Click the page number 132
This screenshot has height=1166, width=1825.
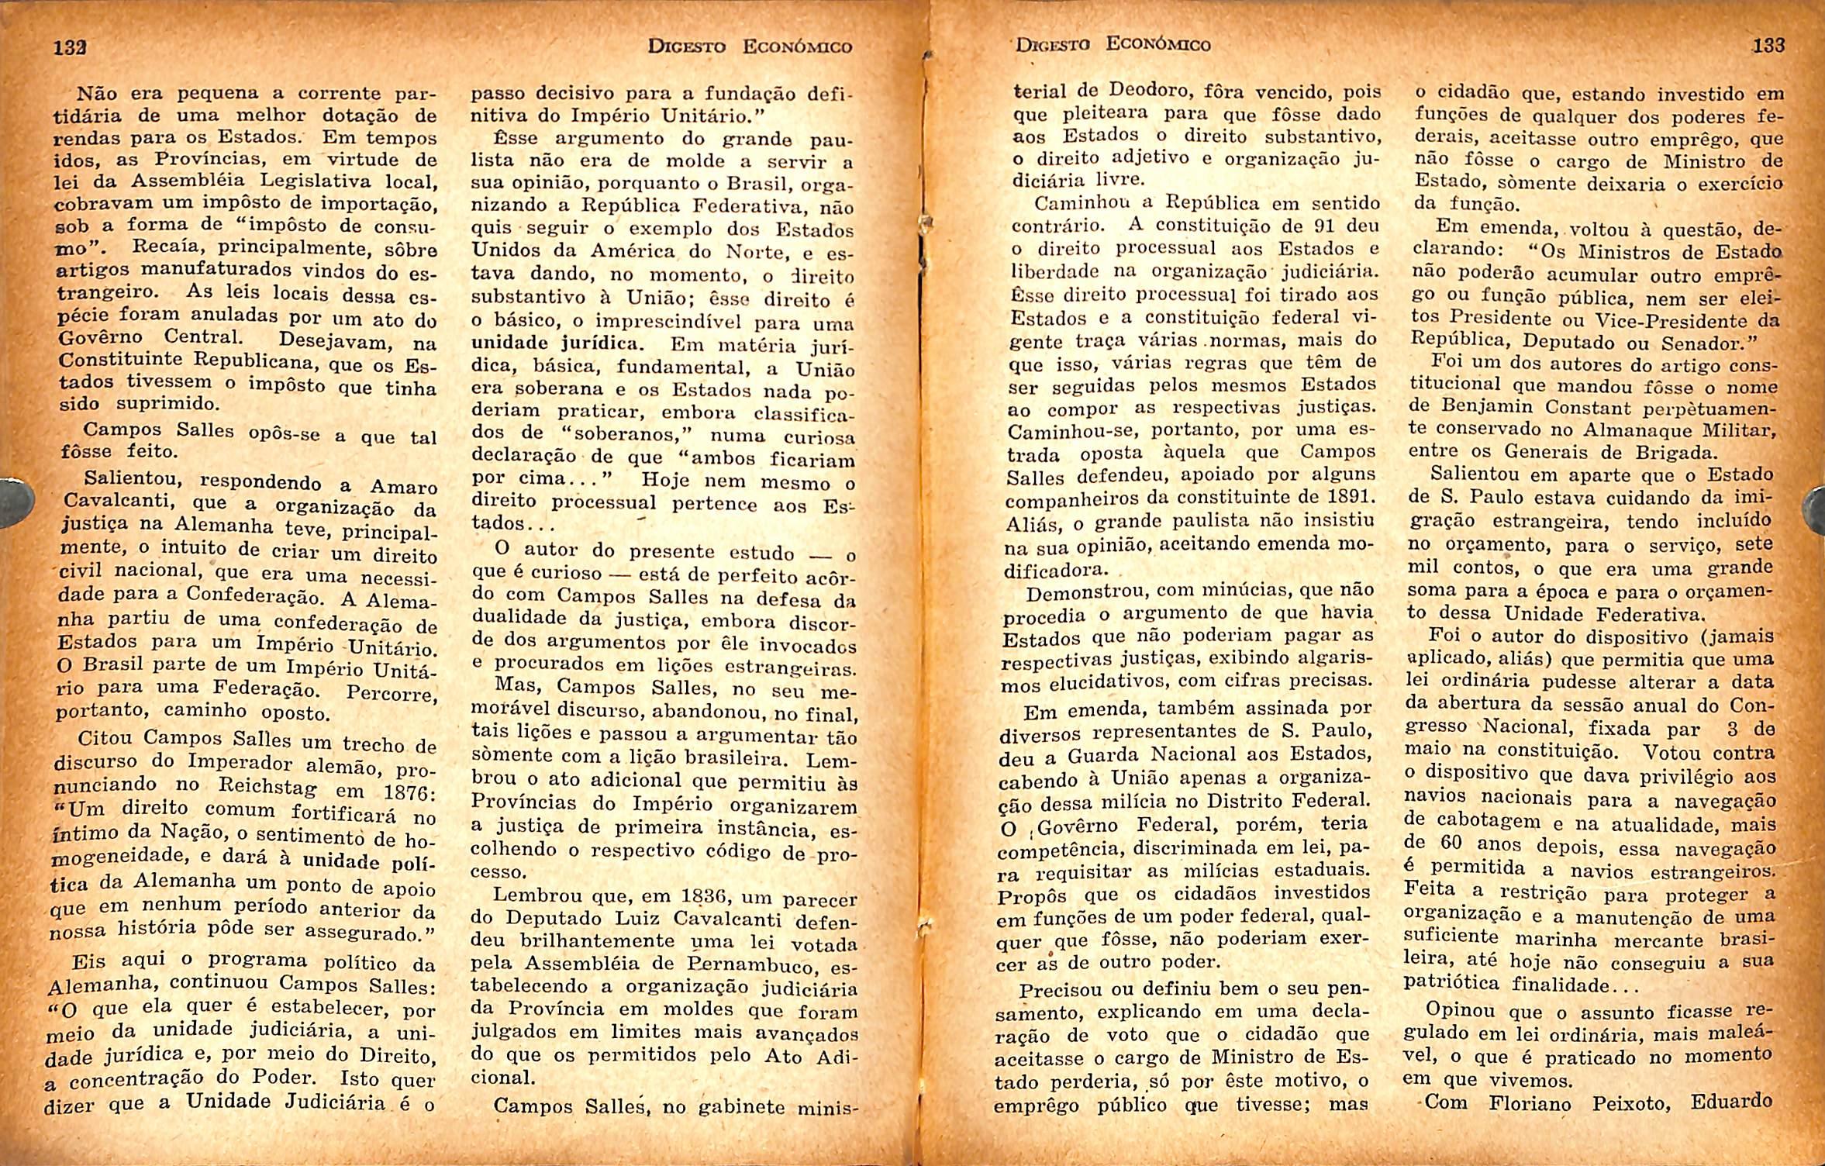[x=69, y=47]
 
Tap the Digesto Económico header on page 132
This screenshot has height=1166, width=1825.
[x=750, y=47]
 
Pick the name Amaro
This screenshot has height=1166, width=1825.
[x=403, y=488]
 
